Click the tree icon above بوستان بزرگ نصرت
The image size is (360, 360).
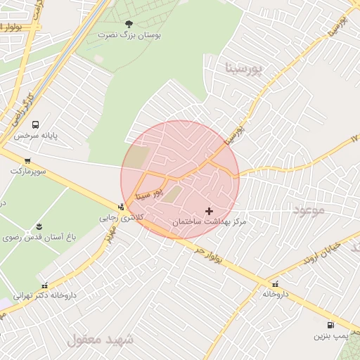tap(127, 24)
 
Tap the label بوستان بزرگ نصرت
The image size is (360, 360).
tap(125, 34)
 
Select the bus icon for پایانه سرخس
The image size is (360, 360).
tap(35, 124)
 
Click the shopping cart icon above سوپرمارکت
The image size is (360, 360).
tap(27, 161)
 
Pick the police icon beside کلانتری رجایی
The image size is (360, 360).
tap(122, 207)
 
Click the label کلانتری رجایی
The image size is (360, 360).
tap(117, 218)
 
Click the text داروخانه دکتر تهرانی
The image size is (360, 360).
tap(45, 296)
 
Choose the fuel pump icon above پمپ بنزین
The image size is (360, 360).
tap(330, 326)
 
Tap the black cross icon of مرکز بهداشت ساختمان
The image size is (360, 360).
tap(209, 211)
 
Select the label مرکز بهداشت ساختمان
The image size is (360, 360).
tap(210, 222)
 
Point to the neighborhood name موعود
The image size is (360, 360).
tap(309, 210)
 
